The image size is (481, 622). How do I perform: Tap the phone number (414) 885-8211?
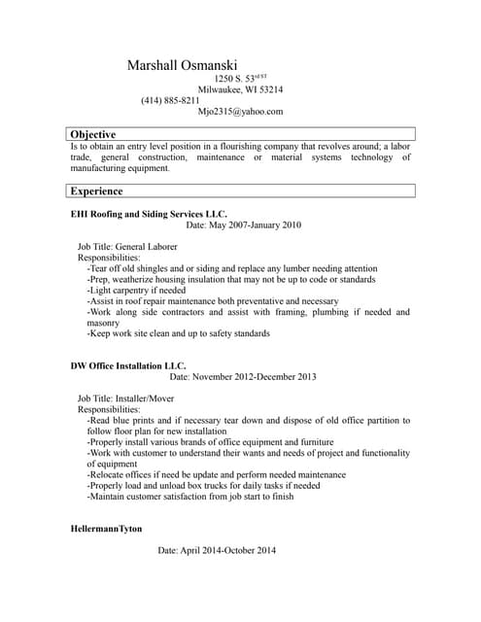[170, 100]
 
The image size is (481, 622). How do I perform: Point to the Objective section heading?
[93, 134]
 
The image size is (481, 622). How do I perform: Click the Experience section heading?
[97, 191]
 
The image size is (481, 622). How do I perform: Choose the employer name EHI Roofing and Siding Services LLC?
[149, 213]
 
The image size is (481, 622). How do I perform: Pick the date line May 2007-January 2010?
[243, 225]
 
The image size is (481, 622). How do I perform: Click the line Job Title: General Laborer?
[127, 247]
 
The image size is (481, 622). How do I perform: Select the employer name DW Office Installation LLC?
[127, 365]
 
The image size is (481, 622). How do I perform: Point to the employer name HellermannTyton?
[107, 529]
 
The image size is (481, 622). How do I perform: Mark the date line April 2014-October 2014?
[217, 551]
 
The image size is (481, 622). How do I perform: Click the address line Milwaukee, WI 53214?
[240, 88]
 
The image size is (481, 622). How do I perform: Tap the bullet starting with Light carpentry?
[136, 291]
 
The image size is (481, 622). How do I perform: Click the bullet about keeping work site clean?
[178, 333]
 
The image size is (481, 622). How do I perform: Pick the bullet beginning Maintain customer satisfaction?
[189, 497]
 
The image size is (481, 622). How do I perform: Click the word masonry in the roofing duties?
[104, 323]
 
